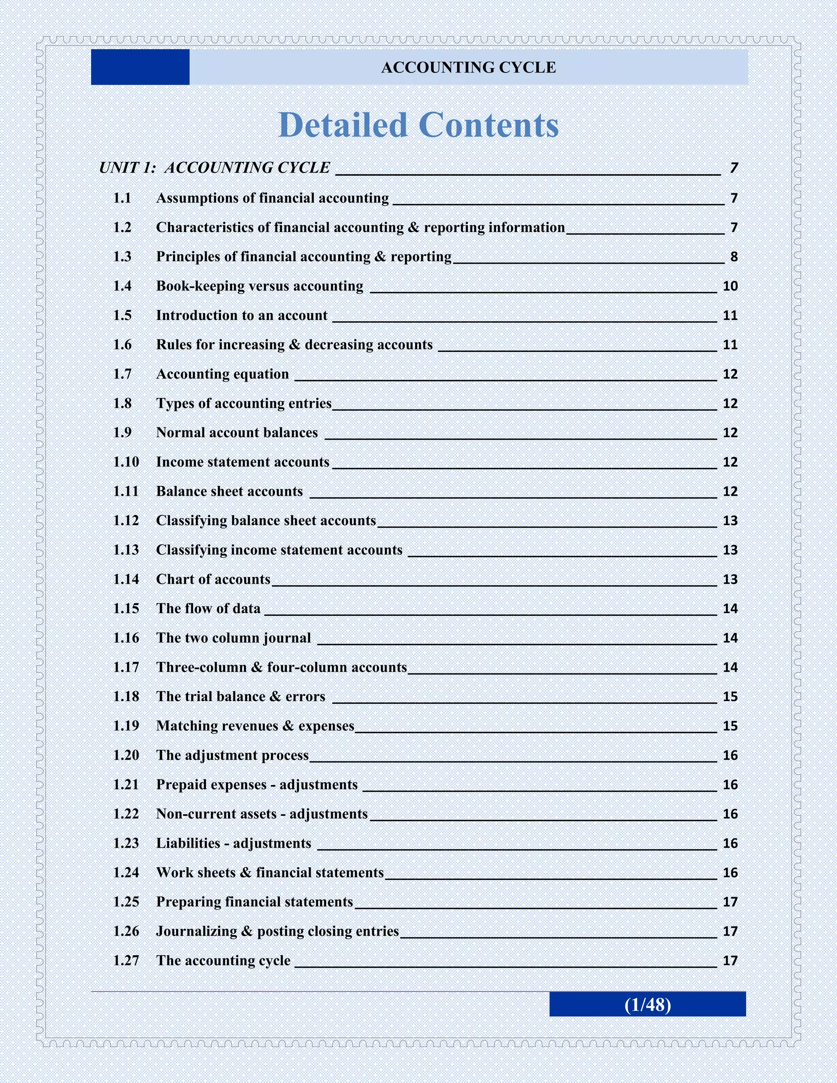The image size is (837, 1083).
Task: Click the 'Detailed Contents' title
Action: (418, 125)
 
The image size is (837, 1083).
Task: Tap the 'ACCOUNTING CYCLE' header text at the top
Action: (468, 67)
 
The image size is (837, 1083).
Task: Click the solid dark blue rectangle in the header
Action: (140, 67)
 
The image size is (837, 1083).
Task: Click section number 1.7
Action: (123, 374)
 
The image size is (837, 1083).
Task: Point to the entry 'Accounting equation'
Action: (222, 374)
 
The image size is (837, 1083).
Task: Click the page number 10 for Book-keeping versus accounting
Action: (730, 286)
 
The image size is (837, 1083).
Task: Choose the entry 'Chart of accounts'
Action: (213, 579)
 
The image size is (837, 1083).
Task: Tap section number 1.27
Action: (126, 960)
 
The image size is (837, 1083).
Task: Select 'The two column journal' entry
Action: (233, 638)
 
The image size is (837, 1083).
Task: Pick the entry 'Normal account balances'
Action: (237, 432)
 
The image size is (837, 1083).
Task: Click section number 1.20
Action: (126, 755)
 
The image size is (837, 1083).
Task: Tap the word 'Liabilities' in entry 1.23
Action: (188, 843)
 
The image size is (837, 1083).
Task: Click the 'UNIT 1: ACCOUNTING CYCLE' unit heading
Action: (214, 168)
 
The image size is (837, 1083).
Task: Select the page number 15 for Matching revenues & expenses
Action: (730, 726)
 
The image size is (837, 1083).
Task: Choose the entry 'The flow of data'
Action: (208, 609)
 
